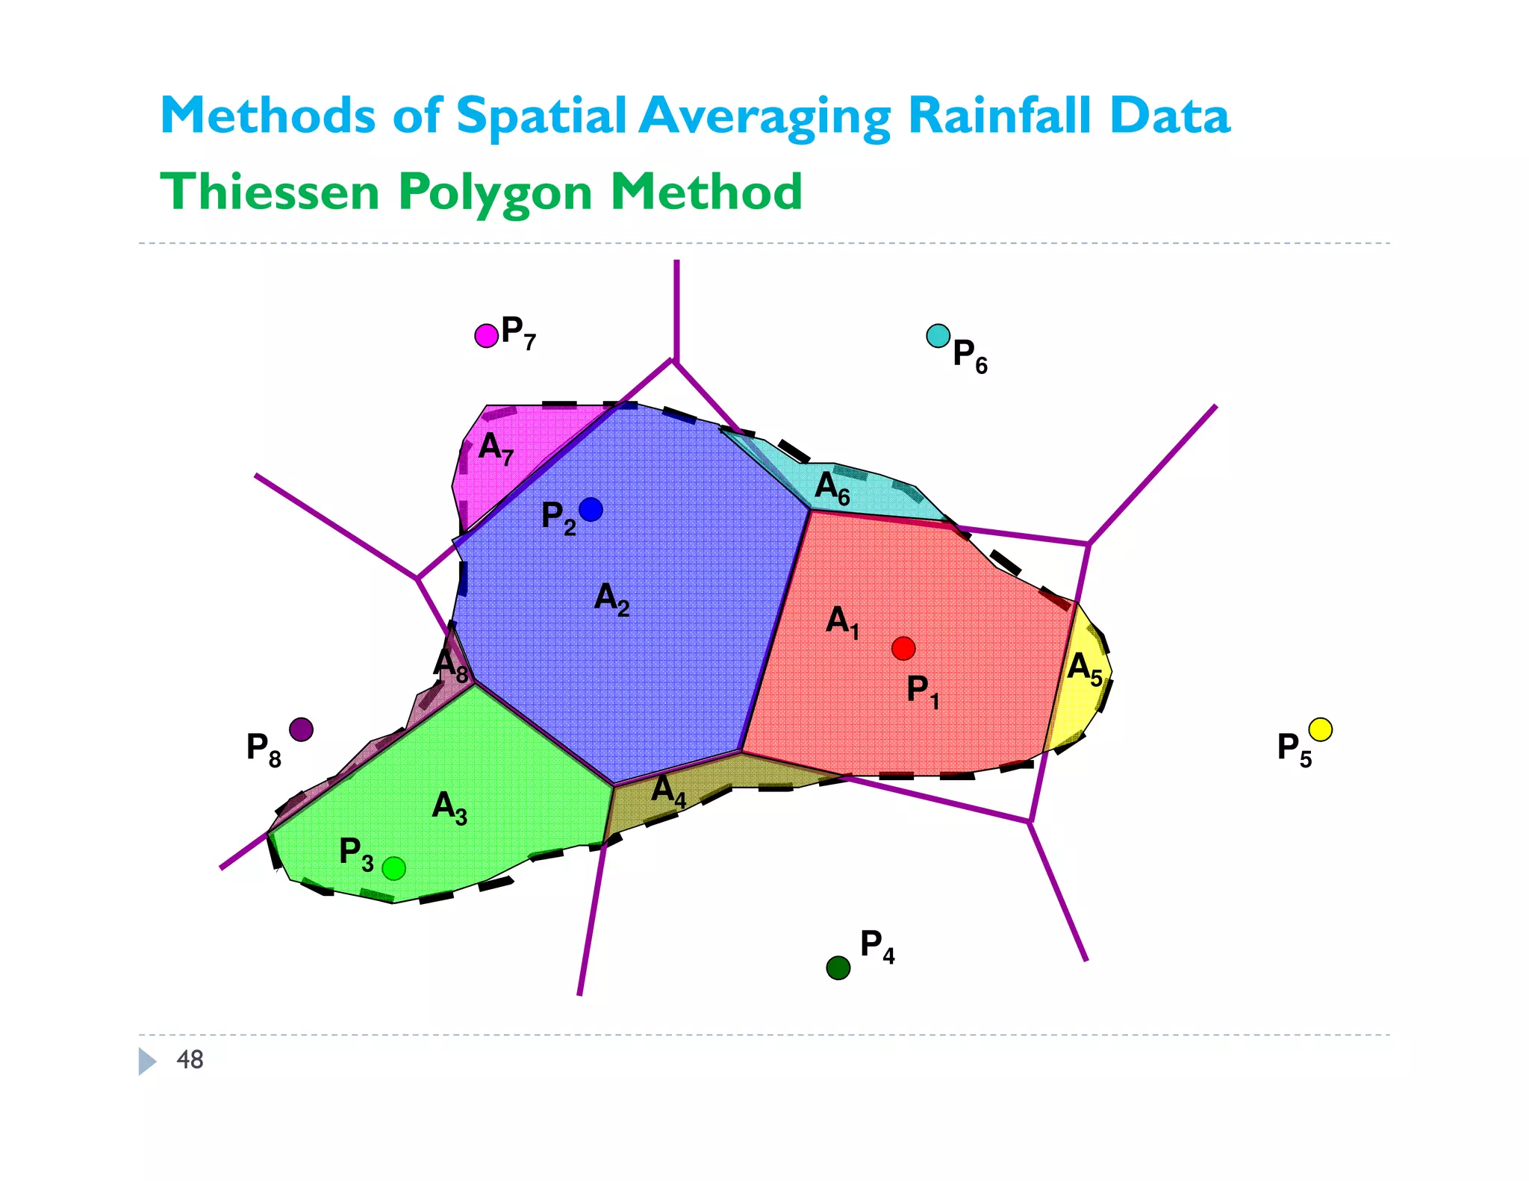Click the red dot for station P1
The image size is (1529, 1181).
click(903, 648)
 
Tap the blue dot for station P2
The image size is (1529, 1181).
click(591, 509)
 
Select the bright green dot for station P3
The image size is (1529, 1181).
click(393, 868)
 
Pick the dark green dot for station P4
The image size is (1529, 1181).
click(838, 968)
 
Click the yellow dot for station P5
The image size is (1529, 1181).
click(1321, 729)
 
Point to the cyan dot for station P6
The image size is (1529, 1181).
click(938, 336)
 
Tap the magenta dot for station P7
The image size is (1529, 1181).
click(487, 336)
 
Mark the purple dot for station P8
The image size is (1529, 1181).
click(301, 729)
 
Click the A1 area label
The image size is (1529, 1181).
click(842, 622)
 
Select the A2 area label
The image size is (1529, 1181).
click(611, 599)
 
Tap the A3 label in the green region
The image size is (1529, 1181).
click(449, 808)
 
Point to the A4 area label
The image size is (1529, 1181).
click(668, 791)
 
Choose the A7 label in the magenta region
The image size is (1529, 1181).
click(496, 448)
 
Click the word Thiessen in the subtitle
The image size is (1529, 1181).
click(270, 192)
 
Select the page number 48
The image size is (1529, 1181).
click(190, 1059)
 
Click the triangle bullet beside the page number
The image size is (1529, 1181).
click(147, 1061)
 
